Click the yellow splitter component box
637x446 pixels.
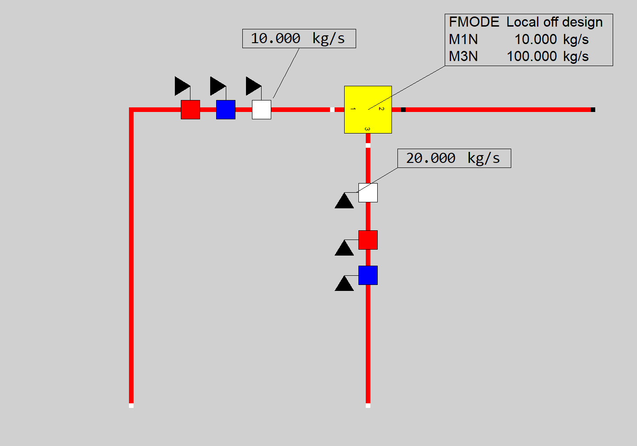pyautogui.click(x=368, y=117)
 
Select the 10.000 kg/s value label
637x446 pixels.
pyautogui.click(x=298, y=39)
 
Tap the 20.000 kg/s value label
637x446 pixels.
pyautogui.click(x=453, y=158)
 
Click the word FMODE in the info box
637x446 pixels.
pyautogui.click(x=474, y=22)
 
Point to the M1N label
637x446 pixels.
pyautogui.click(x=463, y=39)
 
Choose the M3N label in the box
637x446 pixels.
pyautogui.click(x=463, y=56)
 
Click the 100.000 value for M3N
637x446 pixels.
pyautogui.click(x=531, y=56)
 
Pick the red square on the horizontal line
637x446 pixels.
pyautogui.click(x=190, y=110)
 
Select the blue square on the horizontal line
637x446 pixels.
pyautogui.click(x=226, y=110)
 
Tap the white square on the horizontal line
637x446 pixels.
pyautogui.click(x=262, y=110)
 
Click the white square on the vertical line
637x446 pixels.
pyautogui.click(x=368, y=193)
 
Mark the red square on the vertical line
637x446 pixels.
pyautogui.click(x=368, y=240)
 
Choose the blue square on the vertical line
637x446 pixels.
pyautogui.click(x=368, y=275)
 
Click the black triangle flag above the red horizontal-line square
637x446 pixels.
pyautogui.click(x=181, y=86)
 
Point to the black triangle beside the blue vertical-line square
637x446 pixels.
pyautogui.click(x=344, y=284)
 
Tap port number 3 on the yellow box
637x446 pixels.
pyautogui.click(x=367, y=129)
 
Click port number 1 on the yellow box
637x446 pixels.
pyautogui.click(x=353, y=109)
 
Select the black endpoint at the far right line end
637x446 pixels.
pyautogui.click(x=593, y=110)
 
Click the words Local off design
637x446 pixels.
pyautogui.click(x=554, y=22)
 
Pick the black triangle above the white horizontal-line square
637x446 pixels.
pyautogui.click(x=252, y=86)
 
